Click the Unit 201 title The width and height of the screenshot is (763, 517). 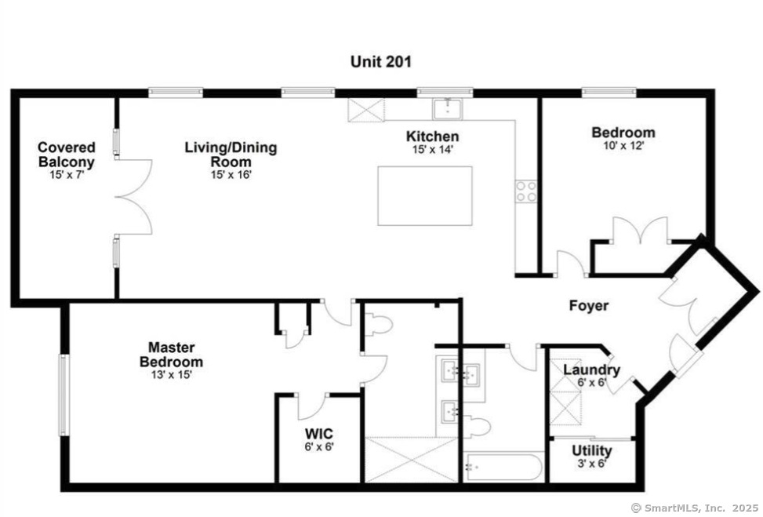pos(380,62)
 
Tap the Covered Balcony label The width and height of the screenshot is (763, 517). pos(66,155)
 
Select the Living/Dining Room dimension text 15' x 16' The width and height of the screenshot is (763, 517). pos(231,174)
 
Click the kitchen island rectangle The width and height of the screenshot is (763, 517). pos(425,195)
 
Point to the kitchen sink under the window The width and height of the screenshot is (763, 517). pos(448,108)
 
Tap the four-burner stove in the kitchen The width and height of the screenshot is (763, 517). pos(526,191)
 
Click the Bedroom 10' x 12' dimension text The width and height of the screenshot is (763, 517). pos(624,145)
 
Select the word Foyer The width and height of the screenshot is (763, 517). pos(589,306)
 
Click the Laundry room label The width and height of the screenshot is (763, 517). pos(592,370)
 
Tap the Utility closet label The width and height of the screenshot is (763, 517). pos(592,450)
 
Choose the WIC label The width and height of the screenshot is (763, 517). pos(319,433)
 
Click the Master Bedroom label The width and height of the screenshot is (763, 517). pos(171,355)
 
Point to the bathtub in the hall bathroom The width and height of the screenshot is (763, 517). pos(503,467)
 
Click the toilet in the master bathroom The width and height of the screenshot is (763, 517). pos(378,324)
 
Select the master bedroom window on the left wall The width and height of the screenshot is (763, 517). pos(64,395)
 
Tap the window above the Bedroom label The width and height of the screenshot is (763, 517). pos(609,91)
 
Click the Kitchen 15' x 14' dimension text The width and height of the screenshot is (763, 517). pos(433,150)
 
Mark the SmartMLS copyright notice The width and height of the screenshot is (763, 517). pos(696,508)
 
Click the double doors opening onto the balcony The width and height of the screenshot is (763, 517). pos(134,197)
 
